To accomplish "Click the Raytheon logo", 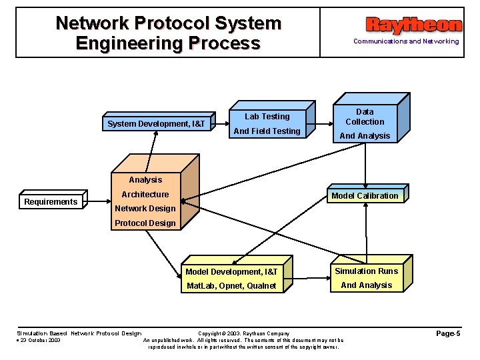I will point(413,25).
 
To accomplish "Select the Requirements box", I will point(51,202).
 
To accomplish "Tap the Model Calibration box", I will point(365,195).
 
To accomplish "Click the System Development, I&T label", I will point(157,124).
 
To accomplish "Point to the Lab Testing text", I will point(267,117).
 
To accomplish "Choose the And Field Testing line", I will point(267,131).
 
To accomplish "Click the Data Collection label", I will point(365,117).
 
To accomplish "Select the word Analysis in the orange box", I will point(145,180).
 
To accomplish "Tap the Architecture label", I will point(145,195).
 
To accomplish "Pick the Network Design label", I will point(145,209).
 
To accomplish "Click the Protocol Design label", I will point(145,223).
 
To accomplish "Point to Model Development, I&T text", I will point(231,272).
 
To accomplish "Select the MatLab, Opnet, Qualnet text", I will point(231,286).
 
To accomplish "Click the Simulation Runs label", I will point(366,271).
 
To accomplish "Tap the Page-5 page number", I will point(448,333).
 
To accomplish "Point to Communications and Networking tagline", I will point(406,41).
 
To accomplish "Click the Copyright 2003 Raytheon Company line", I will point(244,333).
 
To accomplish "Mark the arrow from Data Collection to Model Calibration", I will point(365,163).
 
